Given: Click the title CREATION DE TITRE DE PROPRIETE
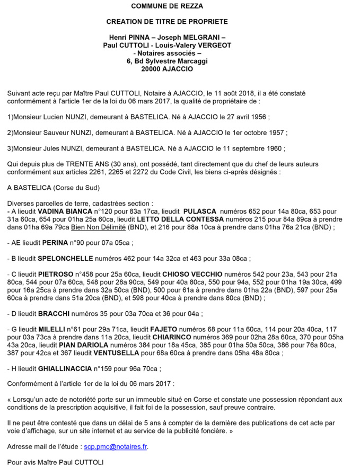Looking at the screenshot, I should click(167, 22).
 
